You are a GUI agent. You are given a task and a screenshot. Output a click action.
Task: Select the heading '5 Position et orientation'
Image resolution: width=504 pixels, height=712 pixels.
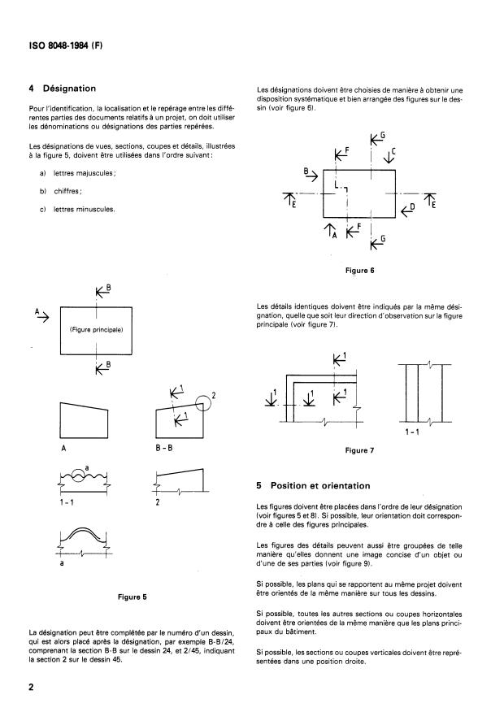click(313, 485)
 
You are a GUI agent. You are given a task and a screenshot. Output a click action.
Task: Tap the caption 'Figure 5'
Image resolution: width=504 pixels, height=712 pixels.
click(132, 597)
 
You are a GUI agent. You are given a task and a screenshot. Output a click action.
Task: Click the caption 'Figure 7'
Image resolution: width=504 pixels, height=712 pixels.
click(358, 449)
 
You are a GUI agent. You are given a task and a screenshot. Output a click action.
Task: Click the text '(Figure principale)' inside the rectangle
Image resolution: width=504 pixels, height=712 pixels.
click(95, 331)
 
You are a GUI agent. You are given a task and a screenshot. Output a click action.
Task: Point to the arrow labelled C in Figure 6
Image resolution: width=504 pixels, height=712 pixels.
click(389, 154)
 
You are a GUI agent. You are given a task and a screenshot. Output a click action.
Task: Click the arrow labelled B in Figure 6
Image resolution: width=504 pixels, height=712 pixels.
click(309, 174)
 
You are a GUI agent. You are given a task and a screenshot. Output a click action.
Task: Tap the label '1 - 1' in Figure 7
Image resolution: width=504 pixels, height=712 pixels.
click(411, 432)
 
